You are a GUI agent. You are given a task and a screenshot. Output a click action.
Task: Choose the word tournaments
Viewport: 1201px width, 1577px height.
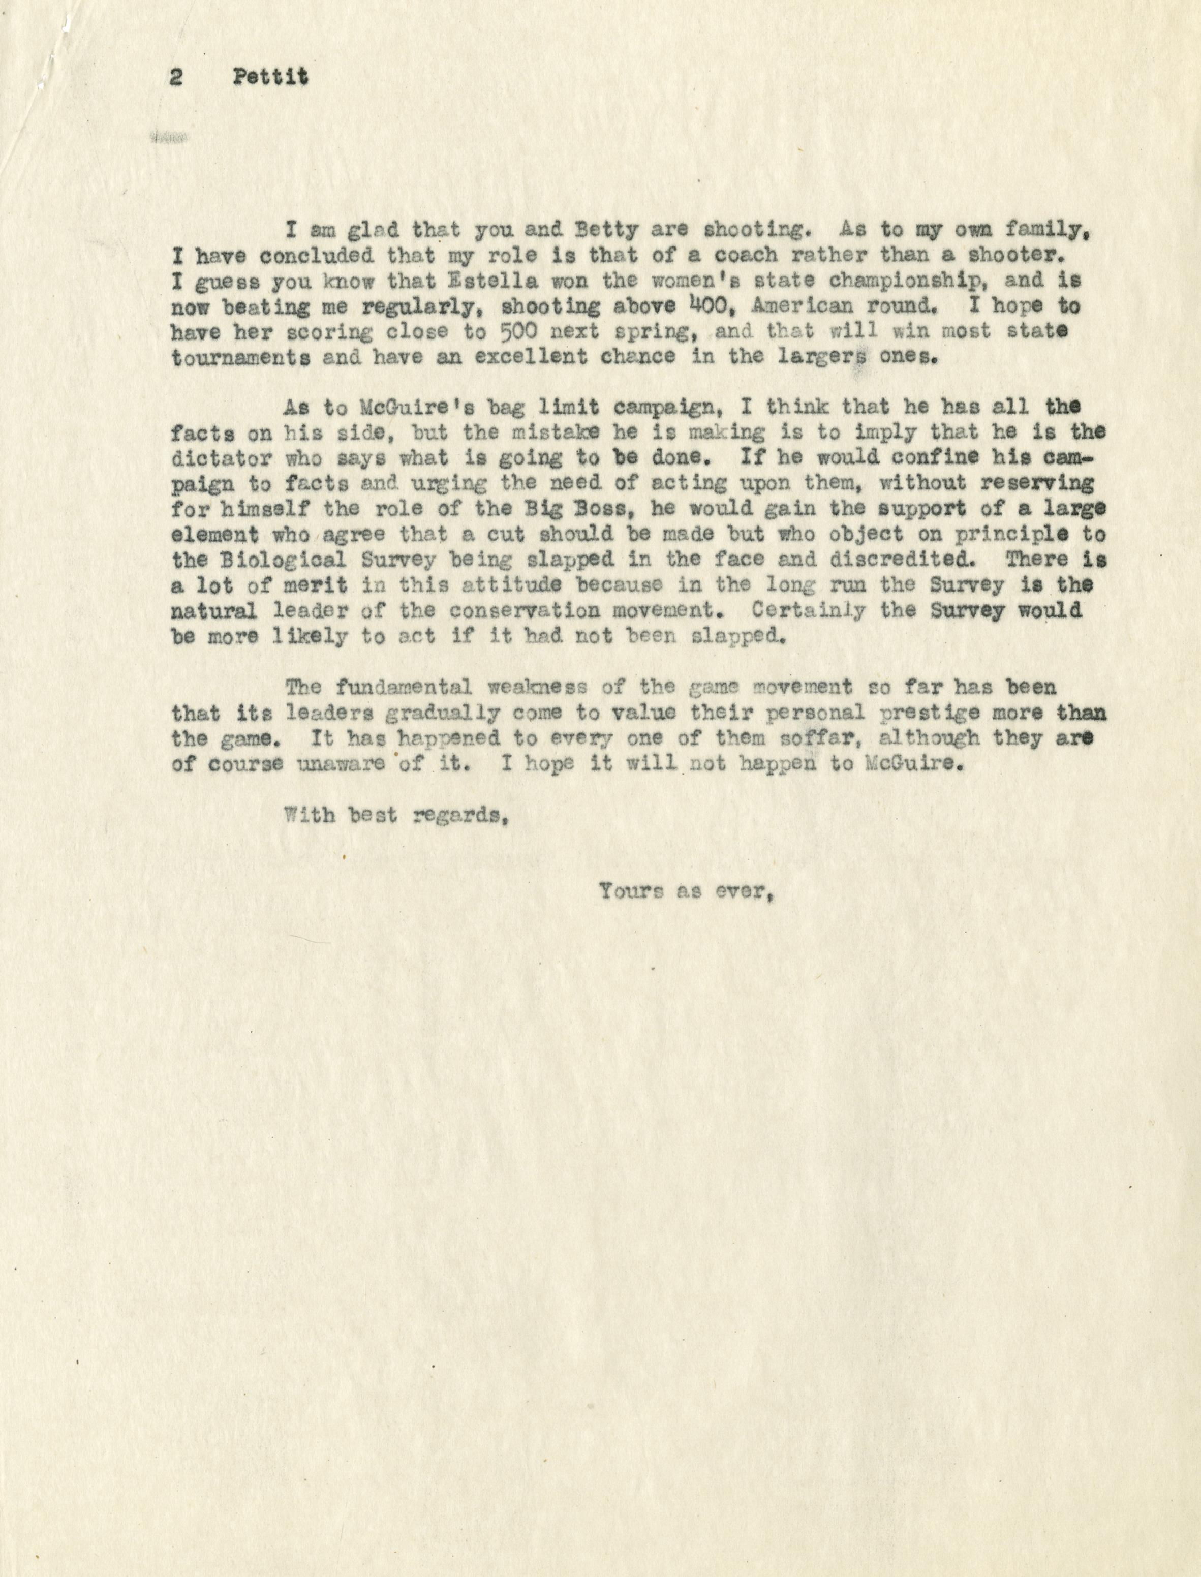pos(241,357)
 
